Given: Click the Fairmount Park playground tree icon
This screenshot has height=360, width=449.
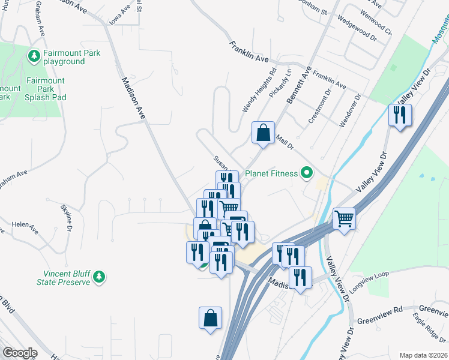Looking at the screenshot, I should point(34,56).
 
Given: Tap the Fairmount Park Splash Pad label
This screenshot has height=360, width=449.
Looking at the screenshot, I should point(44,89).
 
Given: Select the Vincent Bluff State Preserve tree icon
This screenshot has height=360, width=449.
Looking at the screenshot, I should point(101,277).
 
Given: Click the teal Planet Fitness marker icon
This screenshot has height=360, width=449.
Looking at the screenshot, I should point(307,174).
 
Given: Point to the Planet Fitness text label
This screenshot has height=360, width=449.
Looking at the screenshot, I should point(271,174).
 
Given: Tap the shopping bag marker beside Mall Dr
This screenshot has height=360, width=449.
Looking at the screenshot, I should point(263,133).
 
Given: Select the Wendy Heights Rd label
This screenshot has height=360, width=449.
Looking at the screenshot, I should point(259,91).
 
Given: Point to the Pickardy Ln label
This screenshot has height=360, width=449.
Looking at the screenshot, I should point(280,84).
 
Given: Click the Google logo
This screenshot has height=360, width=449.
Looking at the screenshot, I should point(20,353).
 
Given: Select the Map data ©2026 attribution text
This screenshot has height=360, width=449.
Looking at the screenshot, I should point(423,355).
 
